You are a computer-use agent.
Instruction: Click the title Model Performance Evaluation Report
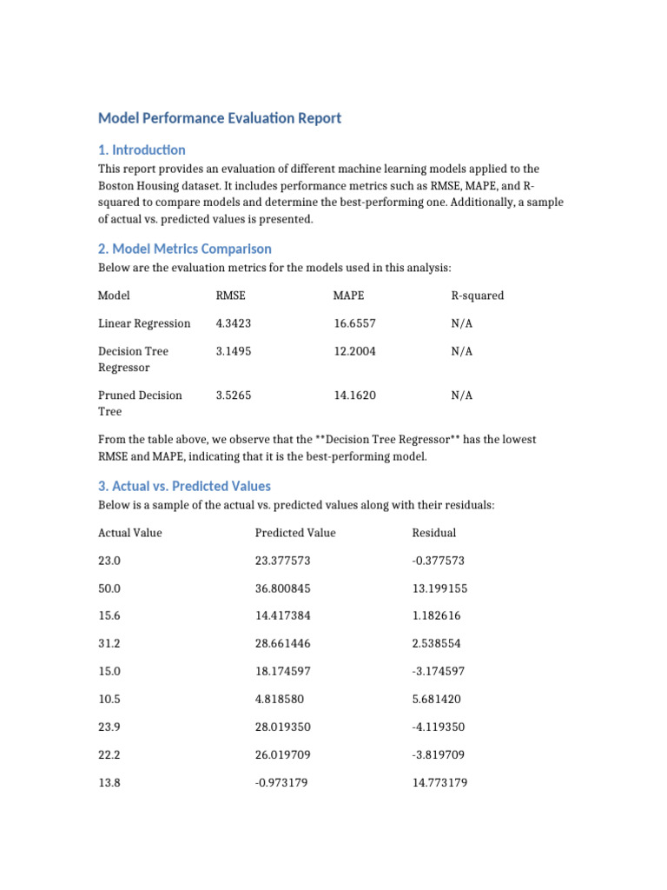coord(220,118)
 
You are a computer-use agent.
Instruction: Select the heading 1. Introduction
coord(142,149)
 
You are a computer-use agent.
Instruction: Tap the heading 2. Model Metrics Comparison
coord(184,249)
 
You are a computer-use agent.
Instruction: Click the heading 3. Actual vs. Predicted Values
coord(184,486)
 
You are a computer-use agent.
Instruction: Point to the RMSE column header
coord(230,296)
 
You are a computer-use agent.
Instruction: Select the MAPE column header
coord(348,296)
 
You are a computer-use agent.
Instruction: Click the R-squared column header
coord(477,296)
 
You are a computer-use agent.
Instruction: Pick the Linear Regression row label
coord(144,323)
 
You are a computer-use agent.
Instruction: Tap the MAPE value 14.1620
coord(355,395)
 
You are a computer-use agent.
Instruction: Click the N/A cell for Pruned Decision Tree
coord(461,395)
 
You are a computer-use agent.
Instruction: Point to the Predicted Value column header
coord(295,533)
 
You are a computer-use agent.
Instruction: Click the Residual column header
coord(434,533)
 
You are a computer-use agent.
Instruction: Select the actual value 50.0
coord(109,588)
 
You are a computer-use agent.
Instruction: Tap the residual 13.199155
coord(439,588)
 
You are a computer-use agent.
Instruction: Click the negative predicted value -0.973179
coord(281,782)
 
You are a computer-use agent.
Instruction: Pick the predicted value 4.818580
coord(280,699)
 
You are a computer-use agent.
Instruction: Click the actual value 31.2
coord(109,644)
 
